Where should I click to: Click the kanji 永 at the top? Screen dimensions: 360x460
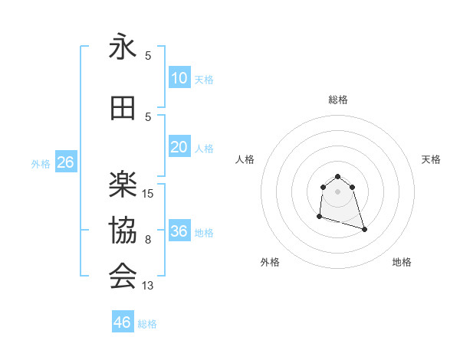[x=123, y=47]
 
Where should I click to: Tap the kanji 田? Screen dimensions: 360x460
[x=123, y=109]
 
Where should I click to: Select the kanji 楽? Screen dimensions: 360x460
[x=123, y=185]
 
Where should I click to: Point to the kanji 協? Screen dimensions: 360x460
[x=123, y=231]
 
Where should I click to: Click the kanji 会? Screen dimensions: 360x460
[x=123, y=277]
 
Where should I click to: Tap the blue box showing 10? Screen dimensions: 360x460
[x=179, y=78]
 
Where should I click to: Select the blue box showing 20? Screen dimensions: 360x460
[x=179, y=147]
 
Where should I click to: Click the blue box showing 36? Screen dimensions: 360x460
[x=179, y=231]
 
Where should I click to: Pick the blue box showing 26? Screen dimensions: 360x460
[x=65, y=162]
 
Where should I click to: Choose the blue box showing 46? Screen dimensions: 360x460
[x=122, y=322]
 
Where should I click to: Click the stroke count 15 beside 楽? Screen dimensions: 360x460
[x=148, y=194]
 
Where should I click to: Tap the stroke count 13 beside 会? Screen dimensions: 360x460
[x=148, y=286]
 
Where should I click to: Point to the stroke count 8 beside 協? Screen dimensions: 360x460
[x=148, y=240]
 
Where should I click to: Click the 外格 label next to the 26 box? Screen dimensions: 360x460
[x=41, y=163]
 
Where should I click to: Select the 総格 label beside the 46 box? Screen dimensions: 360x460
[x=147, y=324]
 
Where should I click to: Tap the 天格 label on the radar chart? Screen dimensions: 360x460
[x=432, y=159]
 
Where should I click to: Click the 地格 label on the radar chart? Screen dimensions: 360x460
[x=402, y=262]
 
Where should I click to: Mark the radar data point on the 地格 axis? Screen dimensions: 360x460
[x=364, y=229]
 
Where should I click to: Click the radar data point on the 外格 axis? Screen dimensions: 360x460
[x=319, y=217]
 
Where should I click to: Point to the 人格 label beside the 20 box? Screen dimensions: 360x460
[x=204, y=148]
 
